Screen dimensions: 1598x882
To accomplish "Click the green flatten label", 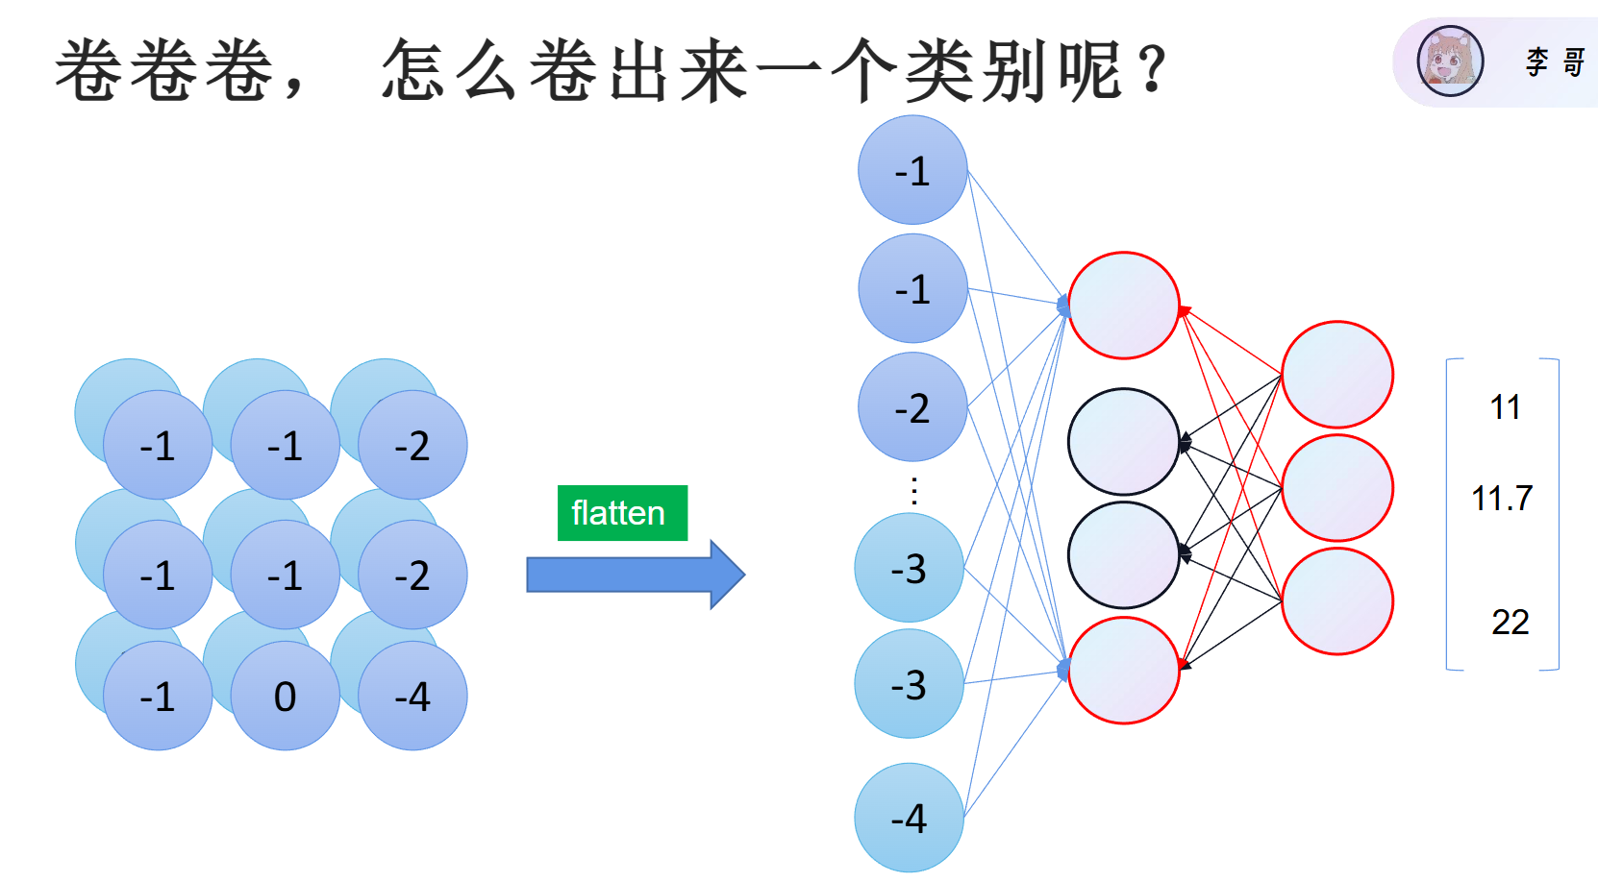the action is point(622,513).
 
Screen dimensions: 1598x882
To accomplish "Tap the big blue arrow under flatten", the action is point(636,575).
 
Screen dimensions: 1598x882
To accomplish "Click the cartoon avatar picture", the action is point(1450,61).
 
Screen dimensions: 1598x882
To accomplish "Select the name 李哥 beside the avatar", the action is point(1555,62).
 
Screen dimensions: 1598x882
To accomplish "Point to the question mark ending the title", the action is point(1152,68).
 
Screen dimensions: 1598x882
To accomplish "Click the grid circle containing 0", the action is point(285,696).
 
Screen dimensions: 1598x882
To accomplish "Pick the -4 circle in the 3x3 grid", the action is point(412,696).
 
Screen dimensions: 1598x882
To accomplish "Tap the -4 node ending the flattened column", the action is point(909,817).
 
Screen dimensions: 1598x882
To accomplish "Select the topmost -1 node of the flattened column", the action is point(912,170).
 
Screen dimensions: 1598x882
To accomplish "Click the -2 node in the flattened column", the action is point(912,407).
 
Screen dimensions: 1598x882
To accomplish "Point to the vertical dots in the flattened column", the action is point(914,491).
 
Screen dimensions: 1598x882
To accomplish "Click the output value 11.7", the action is point(1502,498).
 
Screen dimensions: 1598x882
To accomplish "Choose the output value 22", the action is point(1511,622).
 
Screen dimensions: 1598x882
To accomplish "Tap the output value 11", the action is point(1506,407).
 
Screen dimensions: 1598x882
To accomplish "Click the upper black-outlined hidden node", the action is point(1124,441).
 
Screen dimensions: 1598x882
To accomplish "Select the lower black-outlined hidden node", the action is point(1124,554).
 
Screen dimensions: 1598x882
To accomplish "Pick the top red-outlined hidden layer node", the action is point(1124,306).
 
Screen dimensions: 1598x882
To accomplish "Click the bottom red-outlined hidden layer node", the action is point(1124,671).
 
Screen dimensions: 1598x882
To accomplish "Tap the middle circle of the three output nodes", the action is point(1337,488).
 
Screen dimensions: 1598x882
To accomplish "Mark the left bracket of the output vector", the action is point(1447,514).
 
